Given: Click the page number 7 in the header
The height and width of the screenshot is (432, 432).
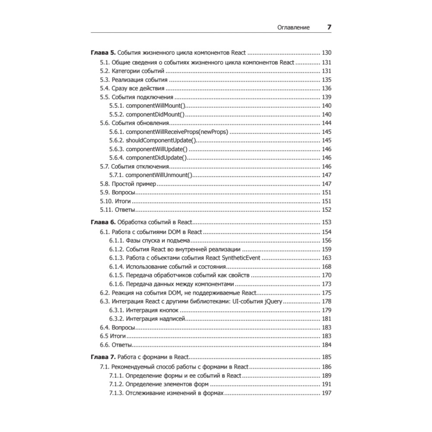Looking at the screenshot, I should (x=329, y=27).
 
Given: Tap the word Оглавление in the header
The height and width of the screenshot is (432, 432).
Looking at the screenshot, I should (x=293, y=28).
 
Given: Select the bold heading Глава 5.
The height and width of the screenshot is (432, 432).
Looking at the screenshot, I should (x=103, y=53).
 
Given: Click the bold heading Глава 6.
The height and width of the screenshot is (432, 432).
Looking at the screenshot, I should (x=103, y=222).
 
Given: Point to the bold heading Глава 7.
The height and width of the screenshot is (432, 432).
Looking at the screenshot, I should (x=103, y=357).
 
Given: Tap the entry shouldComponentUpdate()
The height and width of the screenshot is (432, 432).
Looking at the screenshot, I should (x=161, y=140).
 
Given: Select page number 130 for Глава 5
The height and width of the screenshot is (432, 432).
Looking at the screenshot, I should (x=326, y=53).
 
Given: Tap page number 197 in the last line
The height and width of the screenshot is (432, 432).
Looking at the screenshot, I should (x=326, y=394).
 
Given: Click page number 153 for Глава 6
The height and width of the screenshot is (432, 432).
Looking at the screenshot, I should (x=326, y=222).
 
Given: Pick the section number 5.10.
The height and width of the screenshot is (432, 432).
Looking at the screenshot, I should (x=106, y=201).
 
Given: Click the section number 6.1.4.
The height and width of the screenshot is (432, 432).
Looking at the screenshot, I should (x=116, y=267).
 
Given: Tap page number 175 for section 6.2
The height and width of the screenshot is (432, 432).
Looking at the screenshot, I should (x=326, y=292).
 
